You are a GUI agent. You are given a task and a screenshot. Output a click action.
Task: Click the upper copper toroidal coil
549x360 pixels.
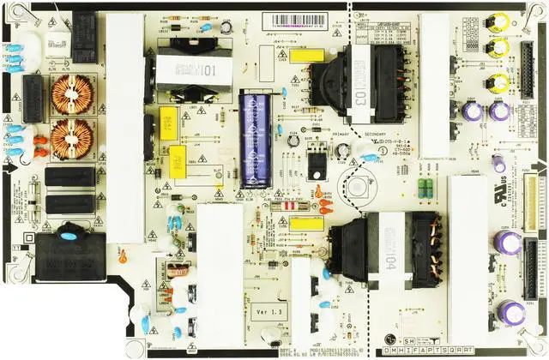tap(74, 93)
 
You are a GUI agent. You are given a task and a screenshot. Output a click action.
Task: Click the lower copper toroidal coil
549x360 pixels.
tap(74, 137)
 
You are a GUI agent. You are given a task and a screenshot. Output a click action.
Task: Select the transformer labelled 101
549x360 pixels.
tap(186, 69)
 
